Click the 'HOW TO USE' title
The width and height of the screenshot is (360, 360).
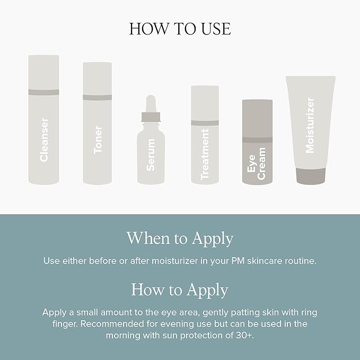[180, 29]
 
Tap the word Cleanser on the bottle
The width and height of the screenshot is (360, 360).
[44, 139]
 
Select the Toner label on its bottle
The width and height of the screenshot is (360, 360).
[98, 139]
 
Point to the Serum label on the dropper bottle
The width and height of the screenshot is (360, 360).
[151, 154]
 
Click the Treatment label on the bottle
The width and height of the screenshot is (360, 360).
[205, 154]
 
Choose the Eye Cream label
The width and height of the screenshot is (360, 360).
[257, 163]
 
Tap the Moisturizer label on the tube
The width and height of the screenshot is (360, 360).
[310, 125]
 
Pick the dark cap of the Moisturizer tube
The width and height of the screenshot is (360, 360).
[311, 176]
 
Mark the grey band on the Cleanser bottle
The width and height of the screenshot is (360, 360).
[43, 92]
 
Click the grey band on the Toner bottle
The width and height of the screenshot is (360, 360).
[98, 98]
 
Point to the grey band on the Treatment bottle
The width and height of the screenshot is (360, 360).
[205, 123]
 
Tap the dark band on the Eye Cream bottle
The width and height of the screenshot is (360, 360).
[257, 140]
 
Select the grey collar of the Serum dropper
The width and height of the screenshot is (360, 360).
[151, 117]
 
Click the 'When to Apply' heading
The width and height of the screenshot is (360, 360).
[180, 239]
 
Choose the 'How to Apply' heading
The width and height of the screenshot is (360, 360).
[180, 290]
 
